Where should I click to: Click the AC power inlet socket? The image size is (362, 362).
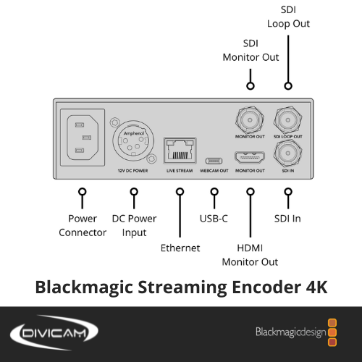pyautogui.click(x=83, y=138)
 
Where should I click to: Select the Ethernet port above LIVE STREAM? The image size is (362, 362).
pyautogui.click(x=180, y=151)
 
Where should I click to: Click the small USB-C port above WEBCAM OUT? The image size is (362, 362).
pyautogui.click(x=214, y=161)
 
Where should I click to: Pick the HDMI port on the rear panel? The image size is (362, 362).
pyautogui.click(x=250, y=157)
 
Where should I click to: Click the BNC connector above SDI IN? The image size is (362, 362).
pyautogui.click(x=288, y=153)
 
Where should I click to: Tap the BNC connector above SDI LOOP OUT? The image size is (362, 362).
pyautogui.click(x=288, y=120)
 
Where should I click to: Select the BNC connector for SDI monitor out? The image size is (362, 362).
pyautogui.click(x=250, y=120)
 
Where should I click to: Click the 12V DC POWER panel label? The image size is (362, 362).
pyautogui.click(x=132, y=171)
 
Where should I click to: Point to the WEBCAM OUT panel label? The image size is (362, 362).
pyautogui.click(x=214, y=171)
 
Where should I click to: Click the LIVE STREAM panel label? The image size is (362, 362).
pyautogui.click(x=180, y=171)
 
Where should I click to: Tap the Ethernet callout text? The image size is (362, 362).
pyautogui.click(x=180, y=248)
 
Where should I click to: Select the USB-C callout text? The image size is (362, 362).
pyautogui.click(x=214, y=219)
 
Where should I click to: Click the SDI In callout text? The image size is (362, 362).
pyautogui.click(x=287, y=219)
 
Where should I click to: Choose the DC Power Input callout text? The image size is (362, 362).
pyautogui.click(x=134, y=226)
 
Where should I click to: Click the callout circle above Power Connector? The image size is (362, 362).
pyautogui.click(x=83, y=192)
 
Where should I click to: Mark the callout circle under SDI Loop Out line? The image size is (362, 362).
pyautogui.click(x=288, y=85)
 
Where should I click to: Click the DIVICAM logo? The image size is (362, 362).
pyautogui.click(x=54, y=332)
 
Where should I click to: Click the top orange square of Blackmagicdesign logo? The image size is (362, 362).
pyautogui.click(x=332, y=323)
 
